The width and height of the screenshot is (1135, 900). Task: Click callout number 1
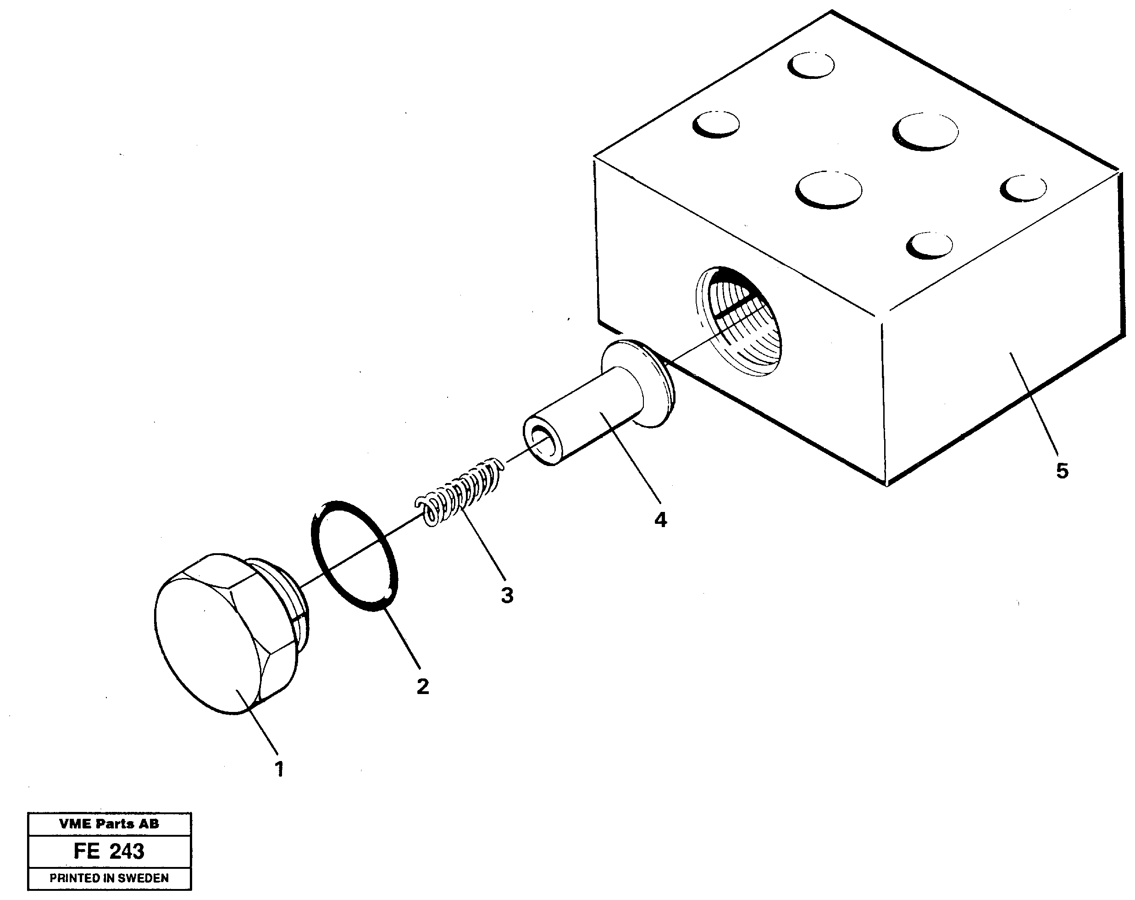click(280, 769)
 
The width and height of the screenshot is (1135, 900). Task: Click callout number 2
click(423, 686)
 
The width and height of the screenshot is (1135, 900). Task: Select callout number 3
click(506, 595)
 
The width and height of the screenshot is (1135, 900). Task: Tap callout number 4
click(661, 520)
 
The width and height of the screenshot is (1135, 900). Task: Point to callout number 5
click(1063, 471)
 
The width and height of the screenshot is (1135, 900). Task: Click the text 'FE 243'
click(109, 851)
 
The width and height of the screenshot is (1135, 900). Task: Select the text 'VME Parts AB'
click(109, 824)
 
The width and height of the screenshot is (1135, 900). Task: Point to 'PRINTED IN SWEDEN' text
click(109, 878)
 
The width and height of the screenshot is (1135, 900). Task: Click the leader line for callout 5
click(1035, 406)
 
